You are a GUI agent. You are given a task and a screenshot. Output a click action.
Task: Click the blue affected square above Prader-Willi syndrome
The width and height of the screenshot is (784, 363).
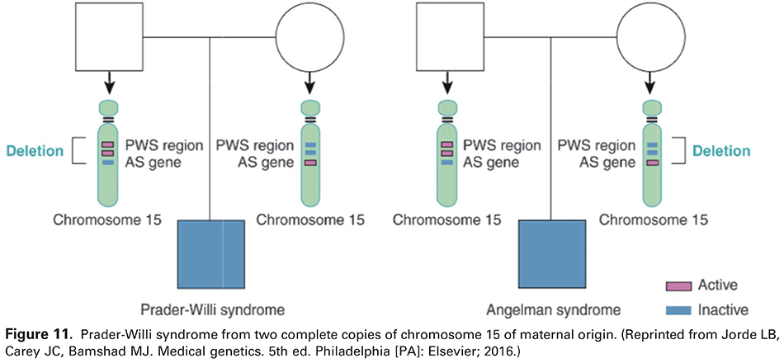click(x=210, y=253)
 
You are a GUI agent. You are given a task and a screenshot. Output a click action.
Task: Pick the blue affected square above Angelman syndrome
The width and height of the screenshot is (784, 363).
click(x=551, y=253)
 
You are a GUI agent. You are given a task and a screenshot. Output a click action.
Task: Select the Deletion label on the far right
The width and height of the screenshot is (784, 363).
click(x=721, y=152)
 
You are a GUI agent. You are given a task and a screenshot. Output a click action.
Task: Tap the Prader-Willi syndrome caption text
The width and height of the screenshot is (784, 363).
click(x=210, y=311)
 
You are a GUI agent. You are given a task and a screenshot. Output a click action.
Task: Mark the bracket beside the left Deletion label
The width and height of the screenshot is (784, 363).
click(x=80, y=152)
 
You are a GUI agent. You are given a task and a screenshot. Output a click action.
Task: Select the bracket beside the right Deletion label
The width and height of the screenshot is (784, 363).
click(x=681, y=152)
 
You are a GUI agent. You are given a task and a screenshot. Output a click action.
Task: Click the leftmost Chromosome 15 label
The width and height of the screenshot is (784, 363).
click(x=106, y=220)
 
